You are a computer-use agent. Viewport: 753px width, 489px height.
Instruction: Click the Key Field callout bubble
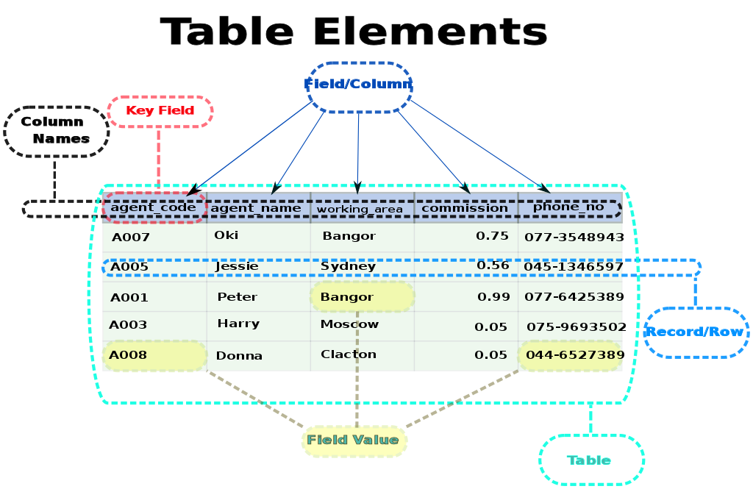pyautogui.click(x=160, y=111)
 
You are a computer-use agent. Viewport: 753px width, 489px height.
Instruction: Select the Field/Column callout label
pyautogui.click(x=359, y=85)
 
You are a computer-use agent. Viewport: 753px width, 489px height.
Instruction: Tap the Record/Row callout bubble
pyautogui.click(x=695, y=332)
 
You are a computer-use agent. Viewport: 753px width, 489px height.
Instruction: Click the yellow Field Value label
pyautogui.click(x=354, y=440)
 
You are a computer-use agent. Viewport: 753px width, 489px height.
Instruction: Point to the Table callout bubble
pyautogui.click(x=590, y=460)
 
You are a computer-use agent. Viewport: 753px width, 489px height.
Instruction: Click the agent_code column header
pyautogui.click(x=154, y=207)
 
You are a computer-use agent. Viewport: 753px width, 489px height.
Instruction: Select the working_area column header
pyautogui.click(x=360, y=209)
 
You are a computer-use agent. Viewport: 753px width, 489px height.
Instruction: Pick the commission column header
pyautogui.click(x=465, y=208)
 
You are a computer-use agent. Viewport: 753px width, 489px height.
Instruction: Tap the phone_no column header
pyautogui.click(x=569, y=207)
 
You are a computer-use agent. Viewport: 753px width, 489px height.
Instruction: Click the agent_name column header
pyautogui.click(x=256, y=208)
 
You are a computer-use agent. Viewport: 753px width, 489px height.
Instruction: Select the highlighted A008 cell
pyautogui.click(x=154, y=355)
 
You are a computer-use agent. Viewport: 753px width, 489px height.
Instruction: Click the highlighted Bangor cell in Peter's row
pyautogui.click(x=362, y=297)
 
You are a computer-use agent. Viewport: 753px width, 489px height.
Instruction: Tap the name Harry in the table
pyautogui.click(x=238, y=324)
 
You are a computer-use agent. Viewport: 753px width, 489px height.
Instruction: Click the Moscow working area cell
pyautogui.click(x=350, y=324)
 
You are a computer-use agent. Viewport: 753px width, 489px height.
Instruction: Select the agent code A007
pyautogui.click(x=130, y=238)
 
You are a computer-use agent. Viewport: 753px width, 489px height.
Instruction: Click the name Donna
pyautogui.click(x=239, y=356)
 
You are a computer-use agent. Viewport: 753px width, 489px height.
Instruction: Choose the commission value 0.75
pyautogui.click(x=492, y=236)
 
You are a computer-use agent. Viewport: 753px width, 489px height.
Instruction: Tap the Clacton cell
pyautogui.click(x=349, y=354)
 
